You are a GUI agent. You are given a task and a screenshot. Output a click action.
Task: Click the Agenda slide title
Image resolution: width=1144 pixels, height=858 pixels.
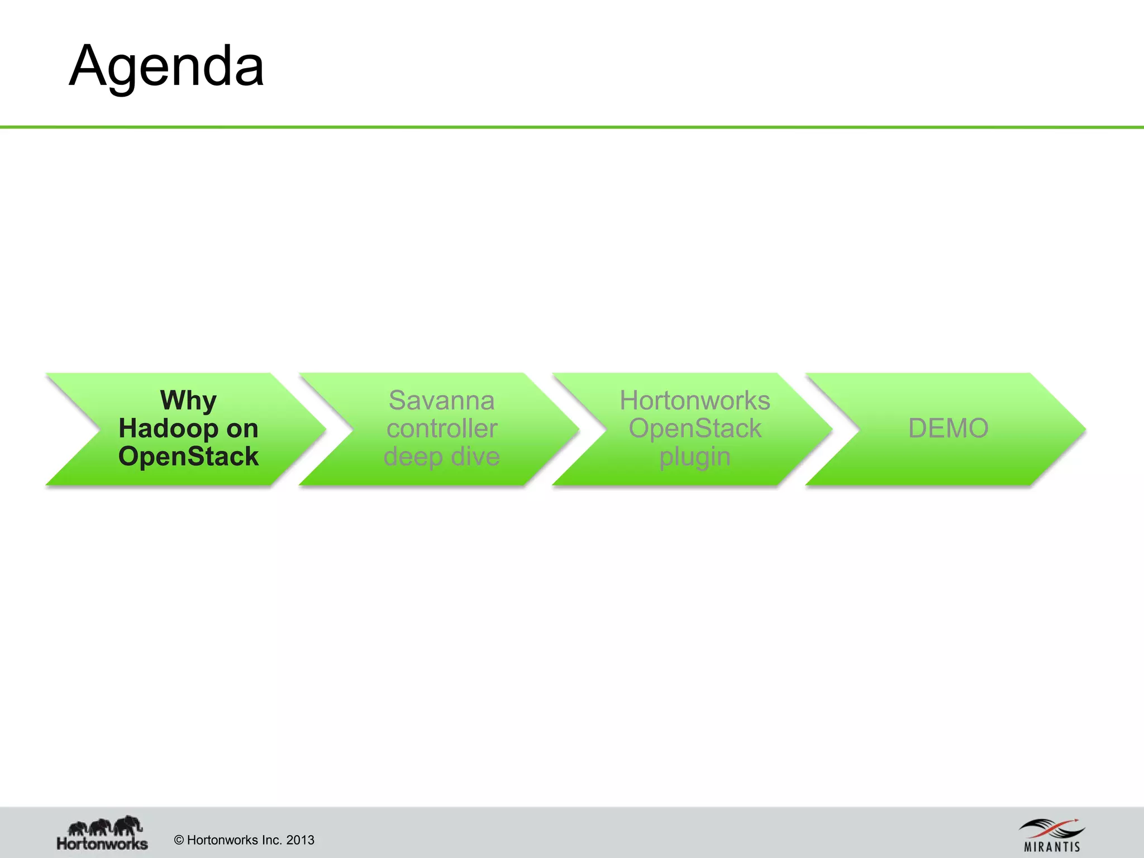pos(166,66)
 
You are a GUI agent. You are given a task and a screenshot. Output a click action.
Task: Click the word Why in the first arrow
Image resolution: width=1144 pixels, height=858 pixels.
pos(188,401)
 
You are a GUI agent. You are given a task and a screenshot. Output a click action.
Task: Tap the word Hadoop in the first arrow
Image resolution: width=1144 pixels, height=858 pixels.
pos(168,428)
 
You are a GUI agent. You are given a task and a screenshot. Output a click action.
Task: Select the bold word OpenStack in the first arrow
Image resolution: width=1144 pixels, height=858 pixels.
pos(188,456)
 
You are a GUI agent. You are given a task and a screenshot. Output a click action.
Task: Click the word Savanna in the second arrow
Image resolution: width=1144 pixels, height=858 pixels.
pos(441,401)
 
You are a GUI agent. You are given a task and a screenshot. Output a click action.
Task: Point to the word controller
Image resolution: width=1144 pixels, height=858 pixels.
pos(441,428)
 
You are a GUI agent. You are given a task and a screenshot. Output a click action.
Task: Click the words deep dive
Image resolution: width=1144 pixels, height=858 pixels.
pos(441,456)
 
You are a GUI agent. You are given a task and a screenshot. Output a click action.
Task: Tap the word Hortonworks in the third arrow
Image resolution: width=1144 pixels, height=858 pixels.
pos(695,401)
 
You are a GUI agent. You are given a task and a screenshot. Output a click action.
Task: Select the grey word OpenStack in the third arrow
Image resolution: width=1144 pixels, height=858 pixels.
pos(695,428)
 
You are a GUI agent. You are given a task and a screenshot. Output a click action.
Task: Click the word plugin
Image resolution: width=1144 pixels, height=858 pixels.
pos(695,456)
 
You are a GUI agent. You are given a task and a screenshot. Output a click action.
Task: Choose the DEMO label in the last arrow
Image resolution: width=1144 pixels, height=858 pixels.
pos(948,428)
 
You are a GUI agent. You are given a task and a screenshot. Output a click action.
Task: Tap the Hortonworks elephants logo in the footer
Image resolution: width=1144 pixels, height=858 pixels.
pos(104,825)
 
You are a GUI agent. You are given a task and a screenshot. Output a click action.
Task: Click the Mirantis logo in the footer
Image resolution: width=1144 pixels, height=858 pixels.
pos(1051,834)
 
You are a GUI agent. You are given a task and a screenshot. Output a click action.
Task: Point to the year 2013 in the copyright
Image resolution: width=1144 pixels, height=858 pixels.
pos(300,840)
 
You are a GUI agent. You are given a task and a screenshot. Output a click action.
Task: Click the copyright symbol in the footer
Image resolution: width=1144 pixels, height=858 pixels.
pos(179,840)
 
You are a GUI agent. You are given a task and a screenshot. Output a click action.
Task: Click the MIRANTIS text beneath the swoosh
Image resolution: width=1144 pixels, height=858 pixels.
pos(1052,847)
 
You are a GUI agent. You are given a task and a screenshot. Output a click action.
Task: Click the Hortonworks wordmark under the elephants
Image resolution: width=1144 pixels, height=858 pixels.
pos(102,843)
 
